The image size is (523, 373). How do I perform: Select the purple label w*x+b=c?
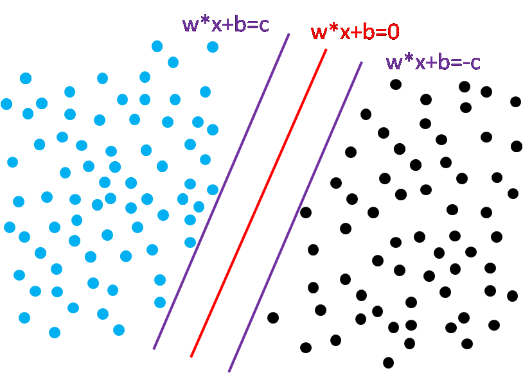pos(225,24)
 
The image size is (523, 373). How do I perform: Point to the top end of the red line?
pos(326,49)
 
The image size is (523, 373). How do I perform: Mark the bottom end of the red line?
pos(191,356)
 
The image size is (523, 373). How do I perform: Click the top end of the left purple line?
pos(289,34)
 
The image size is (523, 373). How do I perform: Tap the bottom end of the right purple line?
pos(229,371)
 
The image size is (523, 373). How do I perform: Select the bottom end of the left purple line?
pos(154,349)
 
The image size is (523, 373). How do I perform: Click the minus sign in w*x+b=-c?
pos(465,64)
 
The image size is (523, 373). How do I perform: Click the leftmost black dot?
pos(273,317)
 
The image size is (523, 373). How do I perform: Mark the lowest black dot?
pos(388,363)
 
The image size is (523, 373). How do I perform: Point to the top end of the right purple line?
pos(362,62)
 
